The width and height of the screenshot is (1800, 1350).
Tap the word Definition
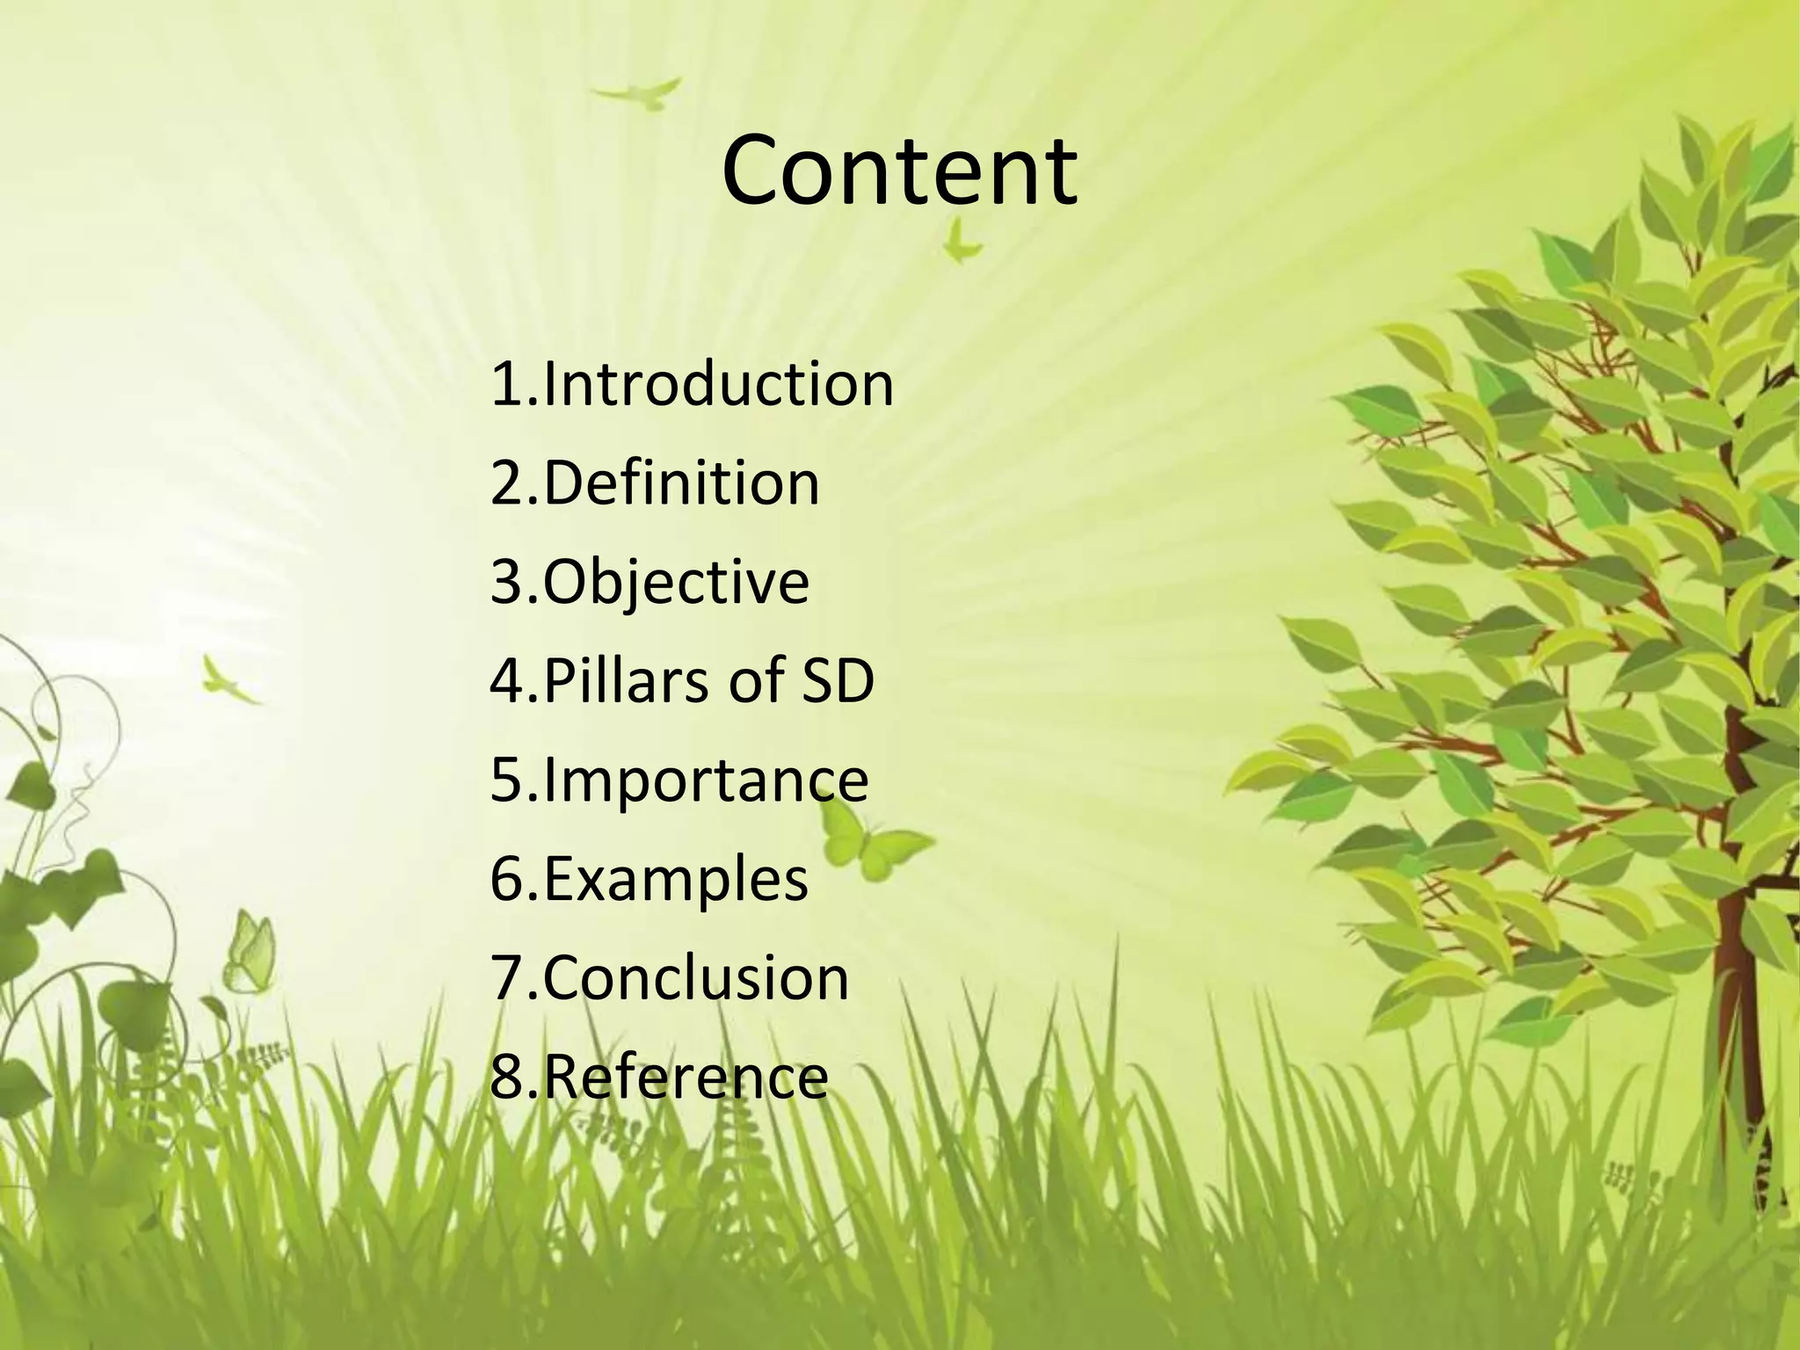[x=681, y=483]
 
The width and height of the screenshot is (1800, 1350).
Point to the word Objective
[x=676, y=583]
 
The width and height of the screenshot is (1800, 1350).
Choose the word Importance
[x=706, y=780]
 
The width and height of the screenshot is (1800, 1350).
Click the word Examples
[x=676, y=879]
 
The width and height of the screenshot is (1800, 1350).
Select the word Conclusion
[x=696, y=978]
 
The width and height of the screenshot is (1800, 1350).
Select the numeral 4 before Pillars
[x=508, y=681]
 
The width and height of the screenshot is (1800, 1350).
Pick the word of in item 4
[x=759, y=681]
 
